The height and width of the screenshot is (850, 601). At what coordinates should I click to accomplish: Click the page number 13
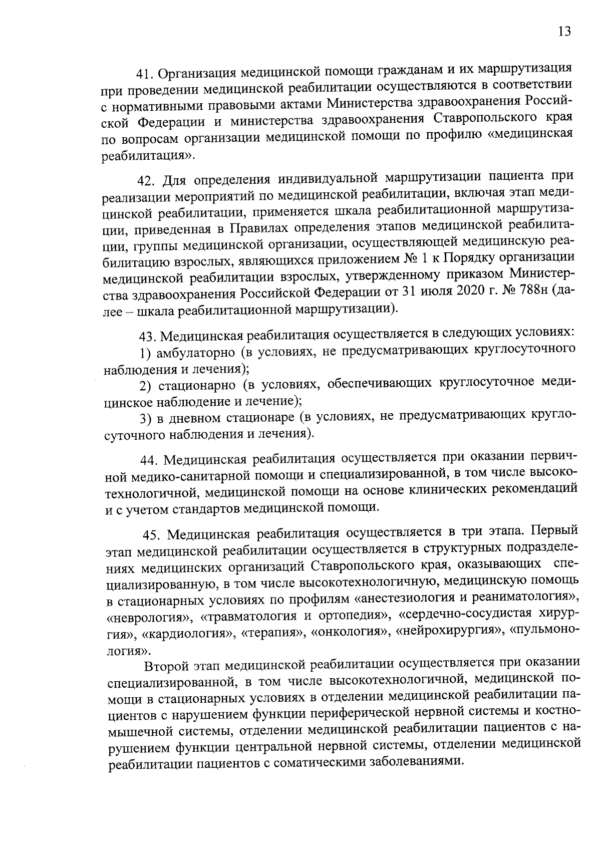(x=563, y=32)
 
